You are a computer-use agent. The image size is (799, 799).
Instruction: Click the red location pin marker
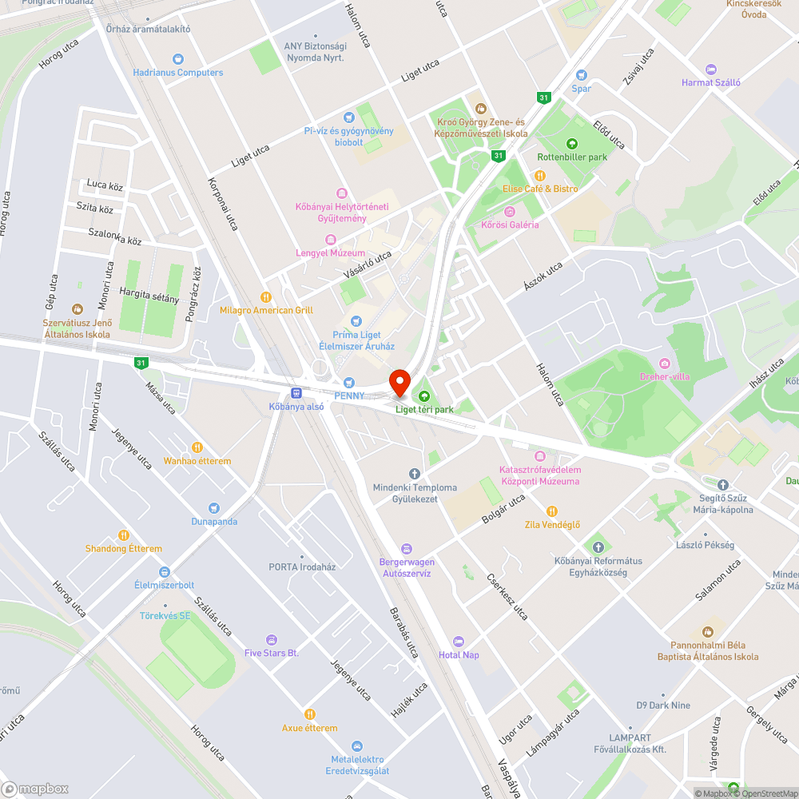399,381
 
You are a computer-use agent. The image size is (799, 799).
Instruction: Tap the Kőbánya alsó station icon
296,393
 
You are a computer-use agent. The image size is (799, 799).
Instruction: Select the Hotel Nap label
459,655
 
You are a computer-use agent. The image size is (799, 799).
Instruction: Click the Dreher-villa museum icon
665,364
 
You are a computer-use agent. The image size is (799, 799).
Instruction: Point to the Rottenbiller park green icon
572,144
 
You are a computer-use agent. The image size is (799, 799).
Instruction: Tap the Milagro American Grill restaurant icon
266,296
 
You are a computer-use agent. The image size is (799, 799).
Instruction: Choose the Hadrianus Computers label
177,73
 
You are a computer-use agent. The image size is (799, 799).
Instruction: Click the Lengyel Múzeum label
331,253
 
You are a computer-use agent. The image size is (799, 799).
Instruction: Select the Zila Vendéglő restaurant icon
551,511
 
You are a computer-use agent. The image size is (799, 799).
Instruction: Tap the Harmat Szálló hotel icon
711,70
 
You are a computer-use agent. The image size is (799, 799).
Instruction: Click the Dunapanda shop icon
213,508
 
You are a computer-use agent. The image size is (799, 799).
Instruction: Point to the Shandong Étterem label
123,549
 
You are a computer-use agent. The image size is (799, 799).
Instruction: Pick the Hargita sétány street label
149,295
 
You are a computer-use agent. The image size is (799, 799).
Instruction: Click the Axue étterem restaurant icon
309,714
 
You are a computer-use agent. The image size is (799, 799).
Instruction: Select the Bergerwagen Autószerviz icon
407,549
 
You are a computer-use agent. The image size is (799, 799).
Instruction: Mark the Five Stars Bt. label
272,654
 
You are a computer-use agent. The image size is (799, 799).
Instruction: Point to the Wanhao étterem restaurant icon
197,448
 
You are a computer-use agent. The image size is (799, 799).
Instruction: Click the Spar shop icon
582,75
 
